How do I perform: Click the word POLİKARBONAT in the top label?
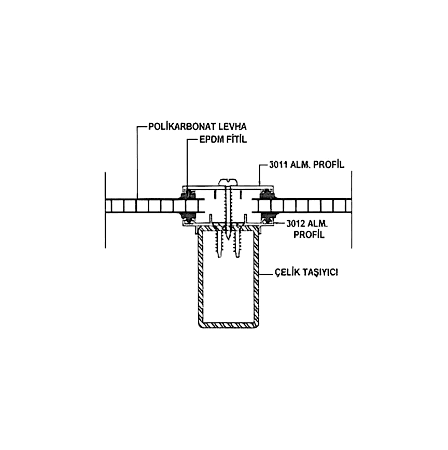pyautogui.click(x=182, y=126)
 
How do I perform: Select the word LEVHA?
pyautogui.click(x=233, y=126)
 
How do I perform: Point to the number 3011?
pyautogui.click(x=278, y=165)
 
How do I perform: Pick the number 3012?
pyautogui.click(x=296, y=223)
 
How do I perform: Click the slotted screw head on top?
pyautogui.click(x=228, y=181)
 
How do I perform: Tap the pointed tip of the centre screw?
pyautogui.click(x=228, y=240)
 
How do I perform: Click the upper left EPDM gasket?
pyautogui.click(x=187, y=194)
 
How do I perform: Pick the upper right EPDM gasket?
pyautogui.click(x=268, y=194)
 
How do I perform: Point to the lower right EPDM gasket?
pyautogui.click(x=268, y=218)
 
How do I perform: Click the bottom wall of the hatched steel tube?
pyautogui.click(x=229, y=325)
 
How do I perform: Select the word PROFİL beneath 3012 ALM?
pyautogui.click(x=309, y=234)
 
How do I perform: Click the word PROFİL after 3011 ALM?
pyautogui.click(x=328, y=165)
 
